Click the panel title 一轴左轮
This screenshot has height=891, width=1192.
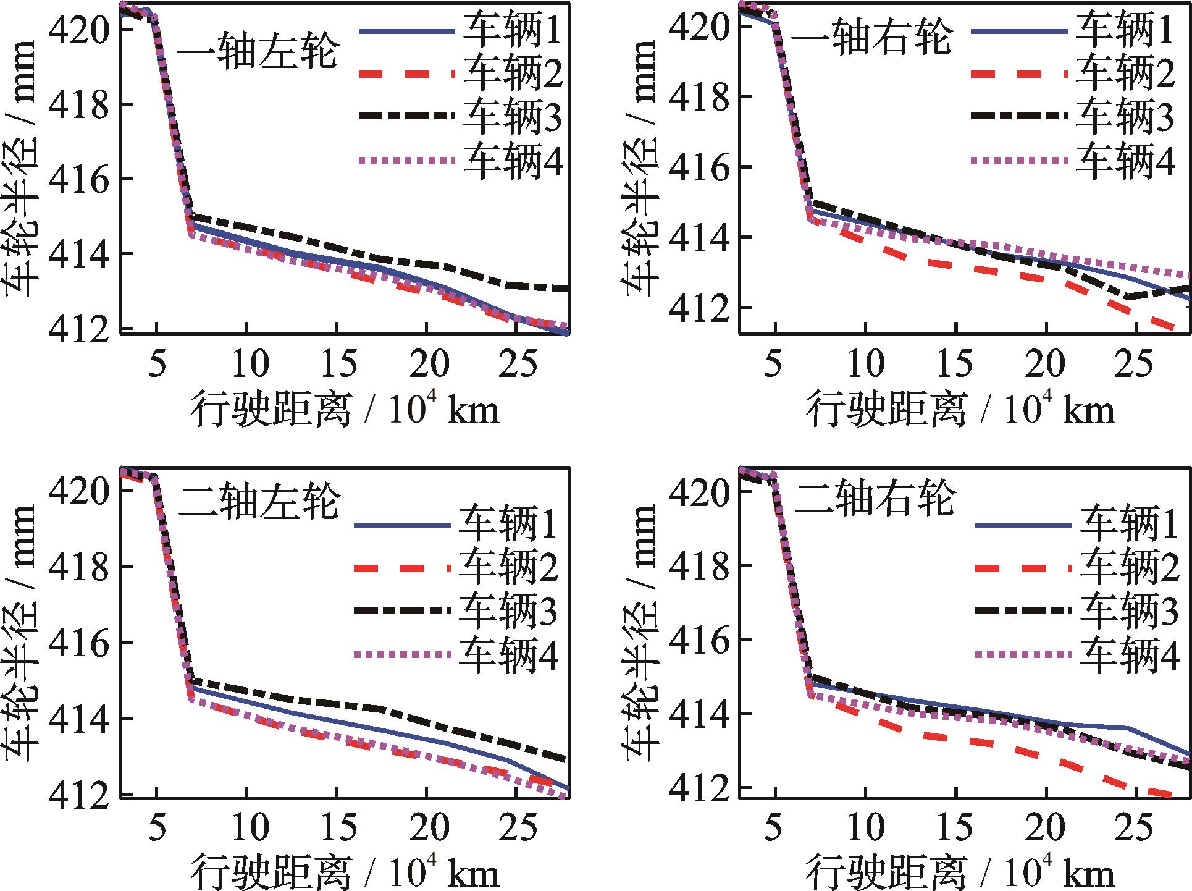pos(257,53)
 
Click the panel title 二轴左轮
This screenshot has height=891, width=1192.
pos(259,502)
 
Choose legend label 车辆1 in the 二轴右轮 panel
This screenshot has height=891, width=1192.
pos(1129,524)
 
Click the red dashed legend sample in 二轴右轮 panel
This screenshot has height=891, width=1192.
pos(1023,568)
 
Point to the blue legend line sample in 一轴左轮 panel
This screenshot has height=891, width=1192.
pos(405,31)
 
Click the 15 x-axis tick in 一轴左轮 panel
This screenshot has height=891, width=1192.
pos(337,363)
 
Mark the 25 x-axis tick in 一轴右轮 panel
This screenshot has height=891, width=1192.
pos(1135,363)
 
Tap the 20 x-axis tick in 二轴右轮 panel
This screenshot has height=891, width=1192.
pos(1046,827)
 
